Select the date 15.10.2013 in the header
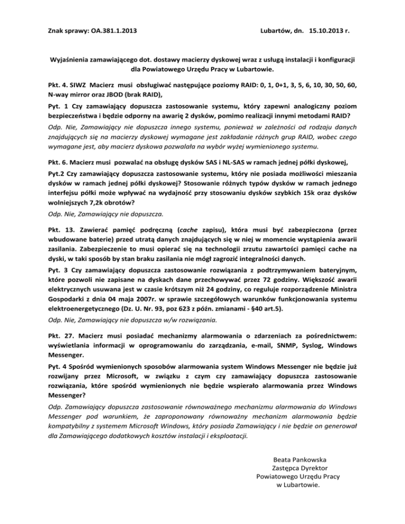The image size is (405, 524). [x=322, y=31]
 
